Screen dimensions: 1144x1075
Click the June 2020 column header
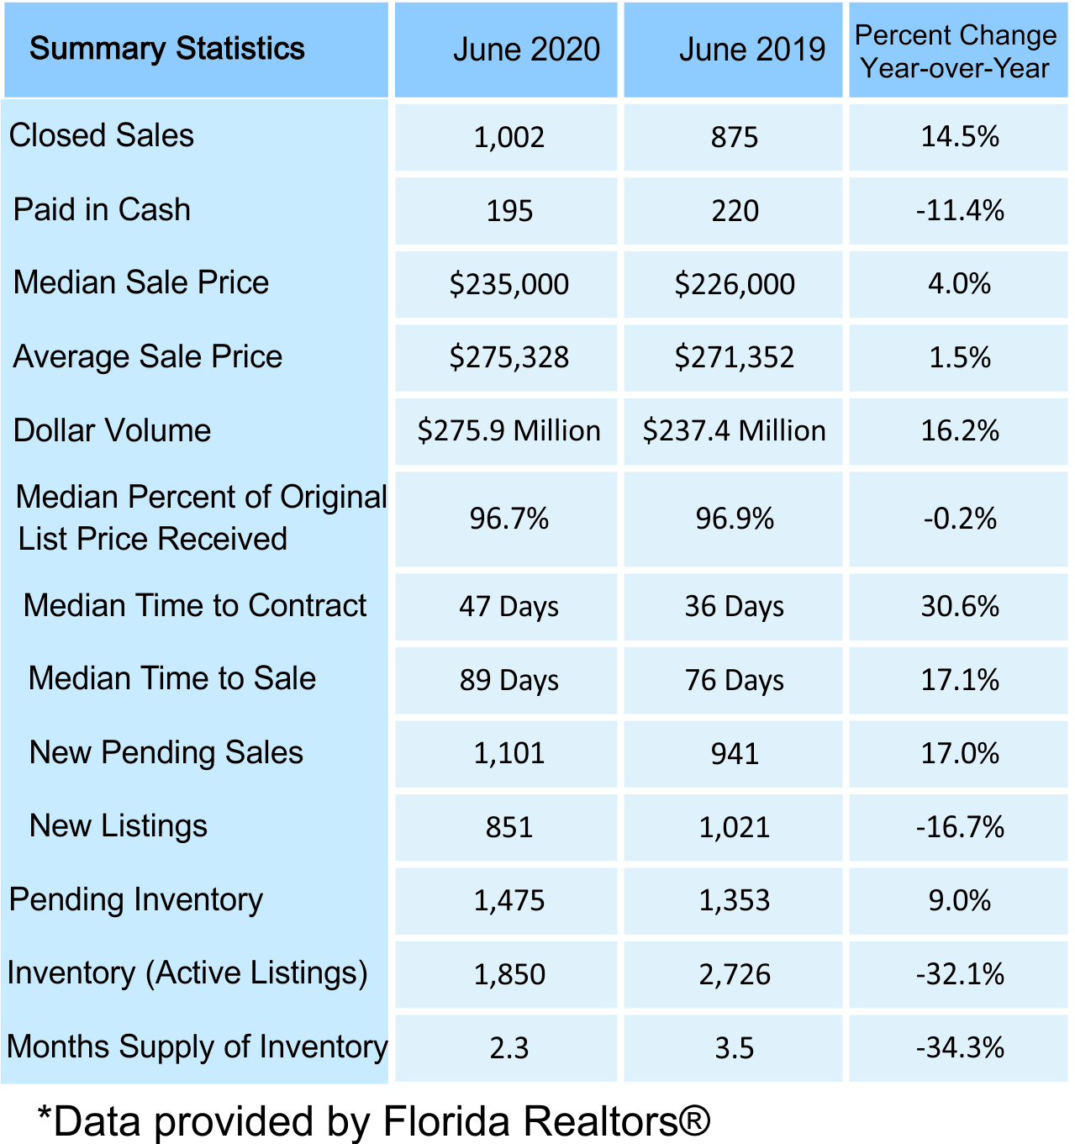pos(526,50)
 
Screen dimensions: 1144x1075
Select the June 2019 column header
pos(751,50)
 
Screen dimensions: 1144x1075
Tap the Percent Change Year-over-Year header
pos(956,51)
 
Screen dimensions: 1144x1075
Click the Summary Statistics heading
pos(167,49)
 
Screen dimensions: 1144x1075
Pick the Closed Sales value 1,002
pos(509,137)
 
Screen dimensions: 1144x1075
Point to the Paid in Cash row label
pos(102,209)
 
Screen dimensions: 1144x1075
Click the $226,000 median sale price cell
pos(735,284)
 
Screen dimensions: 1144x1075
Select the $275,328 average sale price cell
pos(509,357)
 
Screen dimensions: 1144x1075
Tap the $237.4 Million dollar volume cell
pos(735,431)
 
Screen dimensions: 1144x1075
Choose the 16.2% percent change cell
pos(960,431)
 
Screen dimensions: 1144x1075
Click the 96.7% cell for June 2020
pos(509,519)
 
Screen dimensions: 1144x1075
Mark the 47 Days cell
pos(509,607)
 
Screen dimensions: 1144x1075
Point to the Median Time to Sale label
pos(172,678)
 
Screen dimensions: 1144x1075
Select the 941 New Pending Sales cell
pos(735,753)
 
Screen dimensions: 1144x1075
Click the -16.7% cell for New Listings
pos(960,827)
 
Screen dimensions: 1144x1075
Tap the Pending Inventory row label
pos(136,899)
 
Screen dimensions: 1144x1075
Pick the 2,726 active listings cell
pos(735,974)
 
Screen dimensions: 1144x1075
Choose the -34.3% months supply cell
pos(960,1048)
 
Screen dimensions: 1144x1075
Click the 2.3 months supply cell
pos(509,1048)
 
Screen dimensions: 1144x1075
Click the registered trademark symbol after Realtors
pos(695,1120)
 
